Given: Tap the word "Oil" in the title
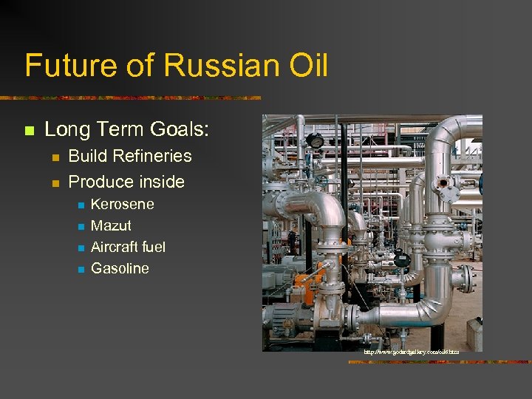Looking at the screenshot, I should (x=303, y=65).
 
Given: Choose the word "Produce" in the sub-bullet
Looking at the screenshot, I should (x=98, y=181).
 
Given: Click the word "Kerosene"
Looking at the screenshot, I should (x=122, y=204).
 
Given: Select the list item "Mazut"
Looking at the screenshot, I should (x=111, y=225).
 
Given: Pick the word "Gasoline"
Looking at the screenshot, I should (x=120, y=268).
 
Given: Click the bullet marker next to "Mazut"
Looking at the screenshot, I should (x=79, y=226).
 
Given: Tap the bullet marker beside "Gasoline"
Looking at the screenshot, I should (x=79, y=269).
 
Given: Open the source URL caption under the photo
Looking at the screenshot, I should (x=411, y=353).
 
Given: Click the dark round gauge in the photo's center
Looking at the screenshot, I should (x=401, y=259).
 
